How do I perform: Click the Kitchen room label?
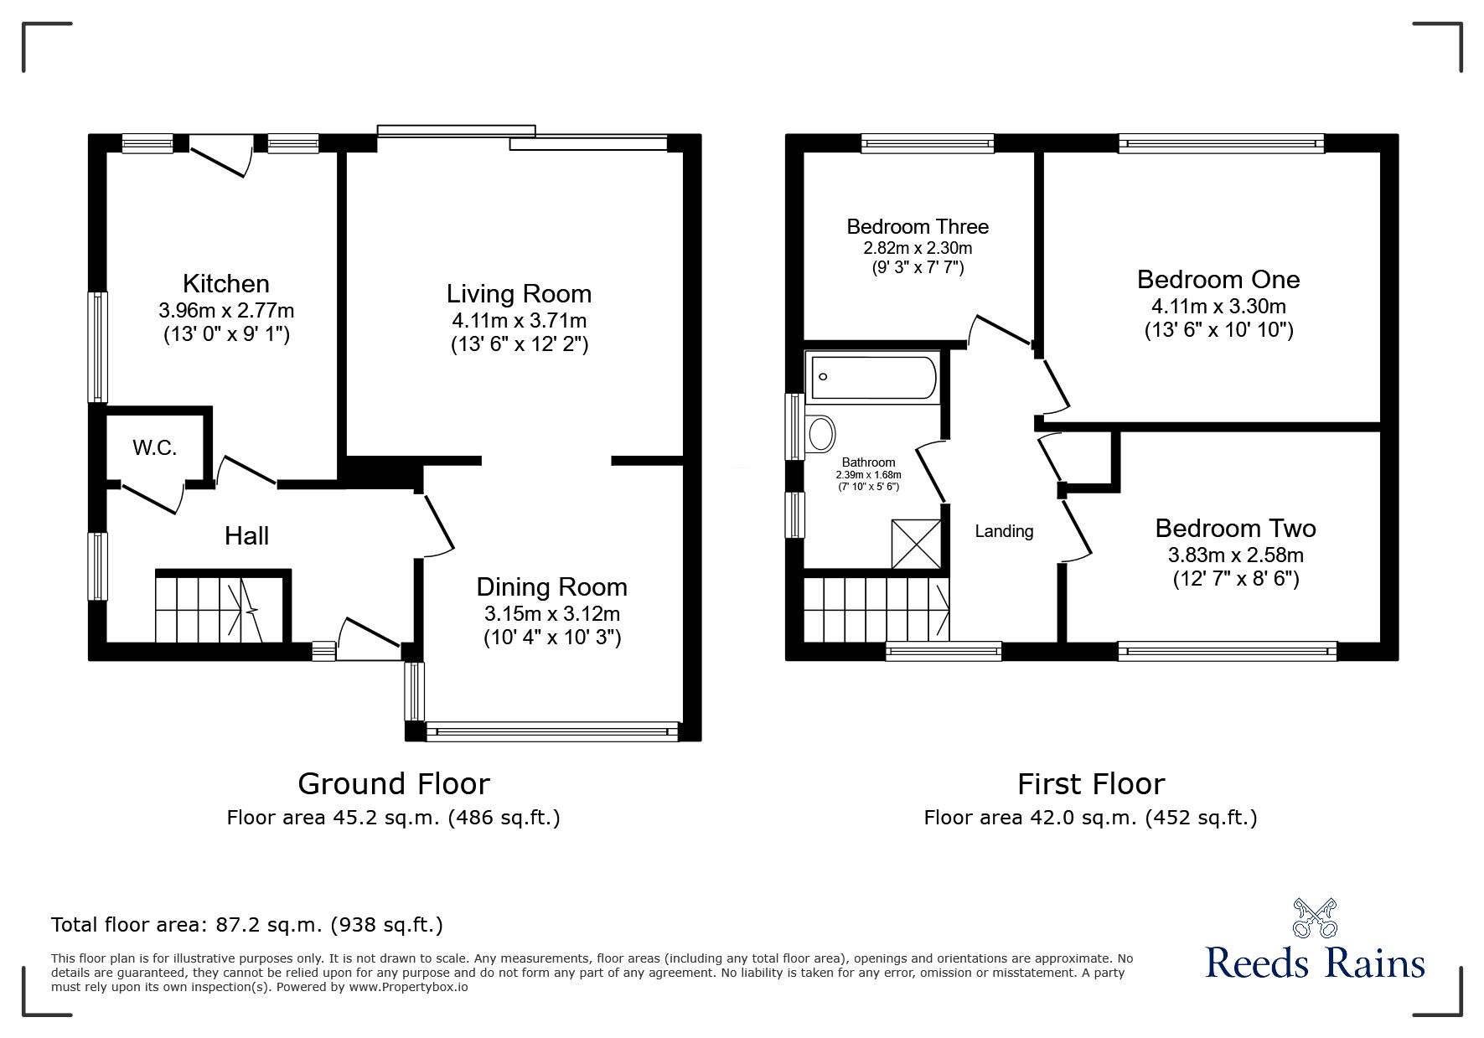point(226,283)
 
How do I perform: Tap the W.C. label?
point(155,448)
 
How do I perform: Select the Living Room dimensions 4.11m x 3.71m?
point(520,320)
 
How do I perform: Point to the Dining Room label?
point(552,586)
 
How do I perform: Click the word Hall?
point(246,536)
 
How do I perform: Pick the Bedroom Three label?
point(918,226)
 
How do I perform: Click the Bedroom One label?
point(1218,279)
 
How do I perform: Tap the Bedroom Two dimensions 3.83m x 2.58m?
point(1236,555)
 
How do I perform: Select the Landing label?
point(1004,531)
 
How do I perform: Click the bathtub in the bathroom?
point(871,376)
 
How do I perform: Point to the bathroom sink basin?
point(820,434)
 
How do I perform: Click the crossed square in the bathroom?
point(917,543)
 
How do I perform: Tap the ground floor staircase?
point(222,606)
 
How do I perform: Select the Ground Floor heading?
point(394,784)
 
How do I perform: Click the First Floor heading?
point(1091,784)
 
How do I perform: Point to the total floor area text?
point(247,925)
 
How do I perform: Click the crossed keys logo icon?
point(1315,918)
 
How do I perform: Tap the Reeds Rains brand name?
point(1315,963)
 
